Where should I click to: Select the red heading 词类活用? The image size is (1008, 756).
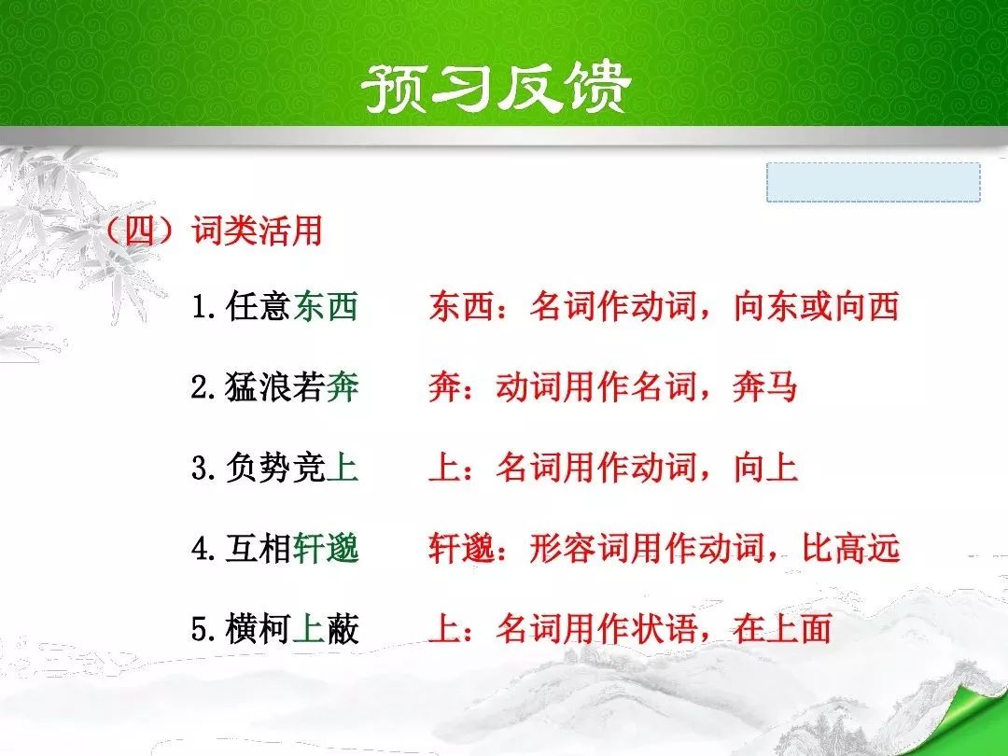pos(257,231)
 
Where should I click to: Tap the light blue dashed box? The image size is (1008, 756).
pos(873,182)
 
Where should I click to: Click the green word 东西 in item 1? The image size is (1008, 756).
pos(326,306)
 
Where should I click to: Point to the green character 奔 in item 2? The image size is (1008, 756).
pos(342,387)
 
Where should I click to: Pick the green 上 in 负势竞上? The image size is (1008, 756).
pos(342,468)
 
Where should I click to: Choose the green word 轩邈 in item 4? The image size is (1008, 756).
pos(326,549)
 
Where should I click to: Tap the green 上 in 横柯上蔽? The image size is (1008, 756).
pos(309,629)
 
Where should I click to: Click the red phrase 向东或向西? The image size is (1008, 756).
pos(816,306)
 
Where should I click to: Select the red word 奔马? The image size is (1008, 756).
pos(765,387)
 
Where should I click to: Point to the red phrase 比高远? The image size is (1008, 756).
pos(850,549)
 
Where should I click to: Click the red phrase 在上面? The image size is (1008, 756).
pos(782,629)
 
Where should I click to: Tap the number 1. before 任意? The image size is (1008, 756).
pos(203,307)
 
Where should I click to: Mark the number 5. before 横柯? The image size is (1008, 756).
pos(203,630)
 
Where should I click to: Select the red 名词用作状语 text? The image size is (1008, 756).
pos(595,629)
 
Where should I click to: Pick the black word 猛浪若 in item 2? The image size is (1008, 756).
pos(275,387)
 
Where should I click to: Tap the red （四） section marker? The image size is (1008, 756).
pos(141,231)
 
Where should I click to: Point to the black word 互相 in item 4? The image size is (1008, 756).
pos(259,549)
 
